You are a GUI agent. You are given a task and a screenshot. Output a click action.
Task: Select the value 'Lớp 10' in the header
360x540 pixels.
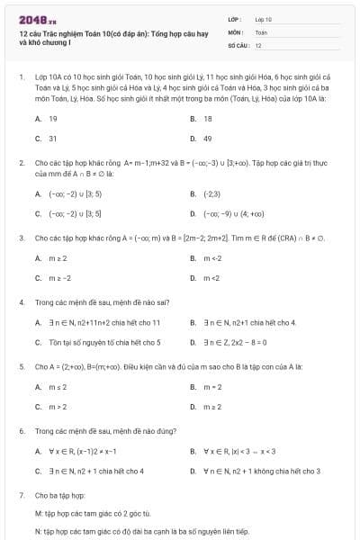pos(264,19)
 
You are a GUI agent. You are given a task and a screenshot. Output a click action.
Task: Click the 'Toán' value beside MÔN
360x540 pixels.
pos(261,31)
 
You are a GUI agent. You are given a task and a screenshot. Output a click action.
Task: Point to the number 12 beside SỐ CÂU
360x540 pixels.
pos(258,44)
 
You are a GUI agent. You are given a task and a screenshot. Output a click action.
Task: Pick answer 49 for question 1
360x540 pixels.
pos(208,139)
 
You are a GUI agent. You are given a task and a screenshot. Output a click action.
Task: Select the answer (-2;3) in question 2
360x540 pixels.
pos(212,193)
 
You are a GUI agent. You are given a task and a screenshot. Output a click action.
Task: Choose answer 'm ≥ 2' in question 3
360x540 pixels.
pos(58,257)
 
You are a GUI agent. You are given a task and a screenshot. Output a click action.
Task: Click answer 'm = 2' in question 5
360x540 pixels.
pos(212,387)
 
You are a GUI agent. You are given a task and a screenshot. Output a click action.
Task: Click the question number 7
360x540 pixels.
pos(21,495)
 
